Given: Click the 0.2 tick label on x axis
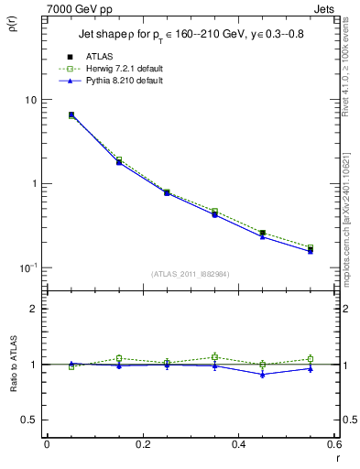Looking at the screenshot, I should pyautogui.click(x=142, y=444).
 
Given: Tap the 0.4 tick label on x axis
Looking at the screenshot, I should pyautogui.click(x=238, y=444).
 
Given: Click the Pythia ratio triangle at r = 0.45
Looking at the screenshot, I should pyautogui.click(x=262, y=374).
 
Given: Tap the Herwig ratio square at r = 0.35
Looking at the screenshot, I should pyautogui.click(x=214, y=357).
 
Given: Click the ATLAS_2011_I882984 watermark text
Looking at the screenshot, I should pyautogui.click(x=190, y=273).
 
